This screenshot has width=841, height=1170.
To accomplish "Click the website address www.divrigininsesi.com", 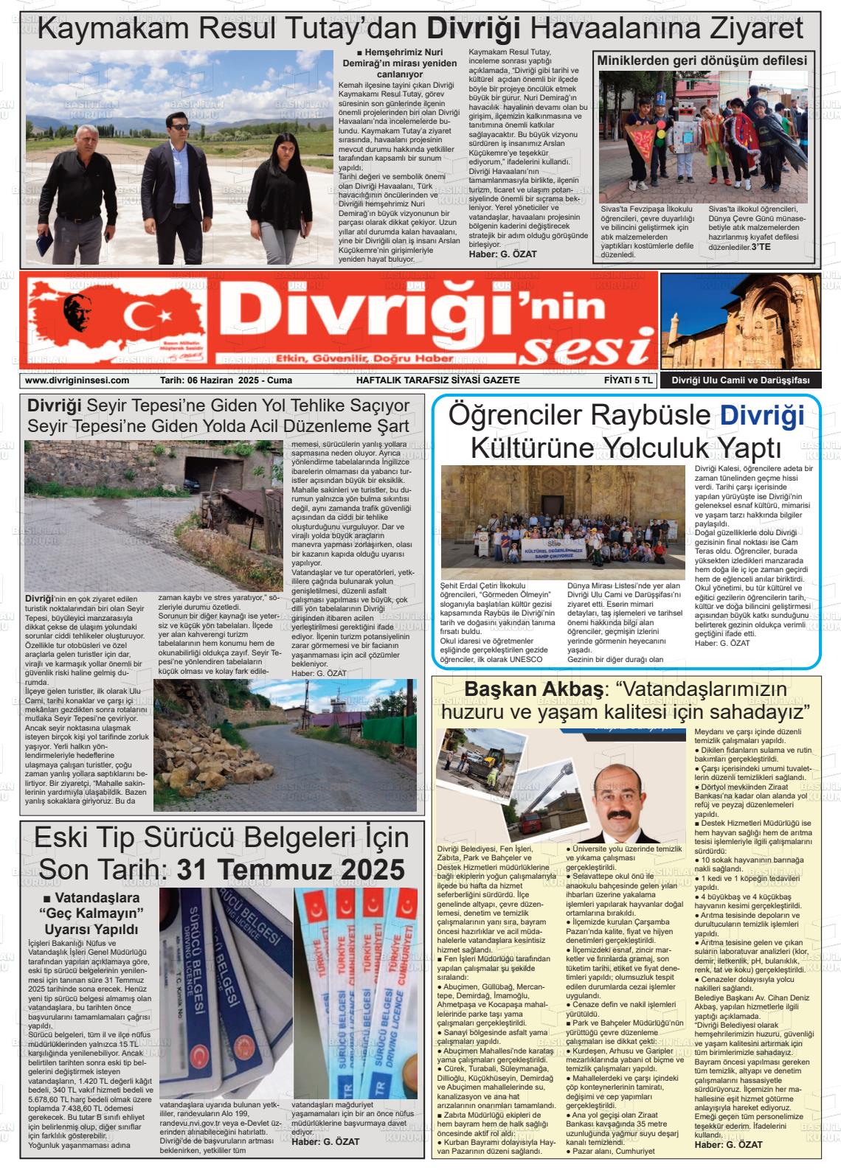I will click(77, 380).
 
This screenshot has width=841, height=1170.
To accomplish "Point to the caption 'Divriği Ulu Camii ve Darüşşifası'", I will click(740, 380).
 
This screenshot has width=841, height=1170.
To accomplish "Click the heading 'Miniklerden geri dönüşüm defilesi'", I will click(702, 60).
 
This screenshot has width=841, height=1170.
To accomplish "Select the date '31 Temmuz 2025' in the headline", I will click(291, 870).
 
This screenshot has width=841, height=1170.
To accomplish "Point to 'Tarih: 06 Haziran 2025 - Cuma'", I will click(226, 380).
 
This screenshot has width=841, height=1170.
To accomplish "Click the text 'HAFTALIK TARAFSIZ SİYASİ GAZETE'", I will click(438, 380).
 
